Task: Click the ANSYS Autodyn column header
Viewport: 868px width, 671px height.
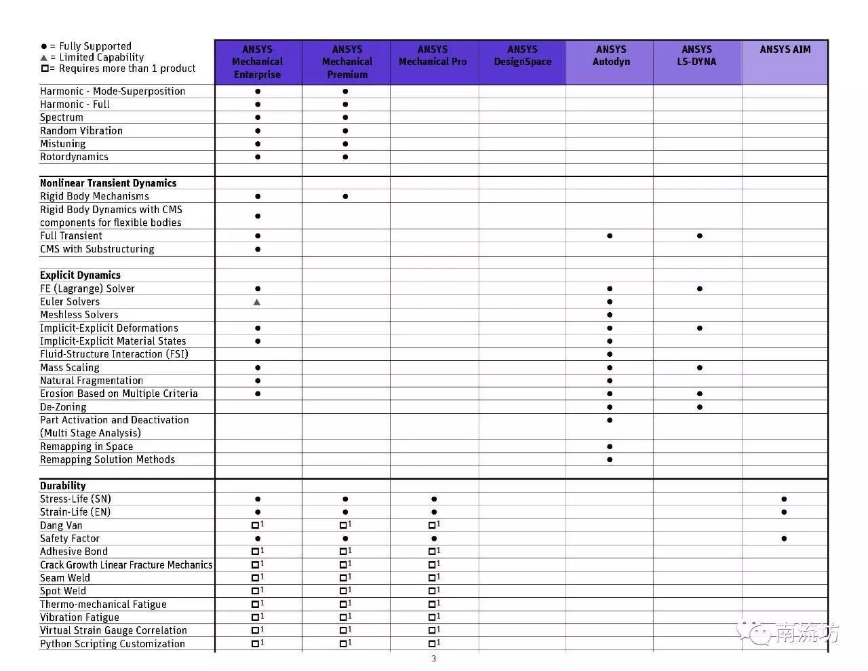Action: [610, 56]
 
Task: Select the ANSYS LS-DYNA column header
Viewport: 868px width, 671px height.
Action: [697, 56]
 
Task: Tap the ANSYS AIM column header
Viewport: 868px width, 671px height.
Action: [785, 50]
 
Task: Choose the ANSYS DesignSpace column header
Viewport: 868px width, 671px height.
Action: [522, 56]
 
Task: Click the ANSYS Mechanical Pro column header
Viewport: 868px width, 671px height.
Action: [433, 56]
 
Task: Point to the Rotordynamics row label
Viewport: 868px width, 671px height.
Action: [74, 157]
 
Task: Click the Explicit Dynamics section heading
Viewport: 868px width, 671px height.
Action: [80, 275]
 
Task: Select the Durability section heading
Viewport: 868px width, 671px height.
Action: [63, 486]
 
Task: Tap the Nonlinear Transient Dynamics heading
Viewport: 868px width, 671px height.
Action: [108, 183]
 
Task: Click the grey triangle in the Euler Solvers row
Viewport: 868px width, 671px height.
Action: [257, 302]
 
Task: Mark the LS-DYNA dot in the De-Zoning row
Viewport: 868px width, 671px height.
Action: [699, 407]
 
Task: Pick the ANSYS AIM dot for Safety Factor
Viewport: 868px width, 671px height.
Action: [784, 539]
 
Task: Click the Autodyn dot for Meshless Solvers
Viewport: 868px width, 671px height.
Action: [610, 315]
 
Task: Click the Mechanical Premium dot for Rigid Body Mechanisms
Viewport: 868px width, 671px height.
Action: [345, 196]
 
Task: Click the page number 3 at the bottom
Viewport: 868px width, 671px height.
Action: [434, 659]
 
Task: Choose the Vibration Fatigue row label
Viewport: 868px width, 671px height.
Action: [79, 617]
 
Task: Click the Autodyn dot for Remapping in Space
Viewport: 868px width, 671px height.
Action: [610, 446]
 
